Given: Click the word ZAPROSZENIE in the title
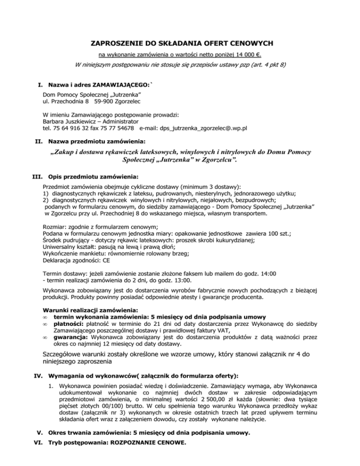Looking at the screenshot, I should click(119, 44).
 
